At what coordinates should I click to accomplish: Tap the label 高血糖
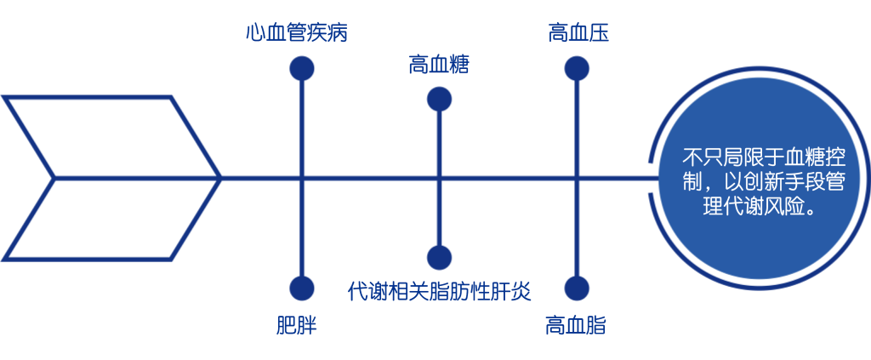439,65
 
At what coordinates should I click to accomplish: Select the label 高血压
578,34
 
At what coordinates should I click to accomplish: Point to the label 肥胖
297,325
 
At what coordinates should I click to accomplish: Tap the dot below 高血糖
439,100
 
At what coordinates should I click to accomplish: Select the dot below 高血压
578,69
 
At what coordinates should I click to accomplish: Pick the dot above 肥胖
302,289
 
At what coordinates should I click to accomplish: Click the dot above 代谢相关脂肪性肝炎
439,256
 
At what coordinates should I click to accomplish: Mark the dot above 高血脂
577,289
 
